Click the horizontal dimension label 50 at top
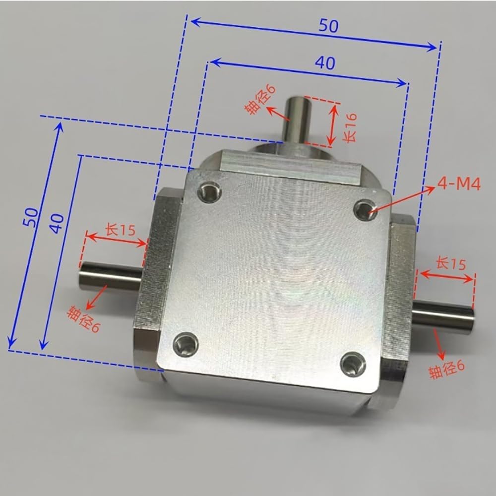point(328,26)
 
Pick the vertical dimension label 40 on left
point(58,223)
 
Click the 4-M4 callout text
point(459,186)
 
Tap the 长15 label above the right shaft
point(450,263)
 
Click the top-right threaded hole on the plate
point(367,209)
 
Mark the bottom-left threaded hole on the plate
point(186,343)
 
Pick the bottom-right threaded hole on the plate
point(353,365)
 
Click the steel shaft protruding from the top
point(297,119)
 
